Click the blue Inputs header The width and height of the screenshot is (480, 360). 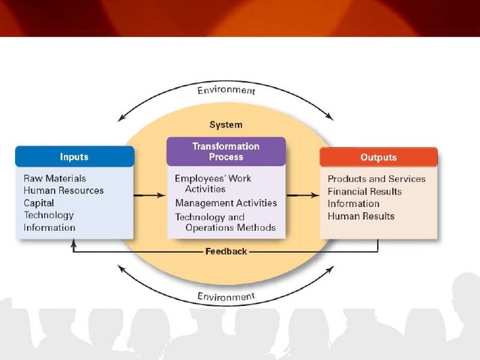[74, 157]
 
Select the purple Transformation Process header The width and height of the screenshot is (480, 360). [226, 151]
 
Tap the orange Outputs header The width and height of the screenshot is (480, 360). [378, 157]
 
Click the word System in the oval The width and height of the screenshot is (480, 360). [226, 124]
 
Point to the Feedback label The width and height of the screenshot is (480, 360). [226, 251]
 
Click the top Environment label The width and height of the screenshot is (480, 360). [226, 91]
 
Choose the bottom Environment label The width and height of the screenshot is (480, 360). [226, 297]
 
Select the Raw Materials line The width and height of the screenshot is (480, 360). [55, 178]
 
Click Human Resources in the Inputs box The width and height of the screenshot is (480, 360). [64, 190]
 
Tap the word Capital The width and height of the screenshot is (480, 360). [39, 202]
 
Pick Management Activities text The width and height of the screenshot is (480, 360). [226, 202]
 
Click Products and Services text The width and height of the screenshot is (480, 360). [376, 178]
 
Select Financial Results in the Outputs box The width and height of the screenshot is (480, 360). [364, 191]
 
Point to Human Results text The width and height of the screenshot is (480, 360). [361, 216]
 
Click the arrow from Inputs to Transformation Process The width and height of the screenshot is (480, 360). [151, 196]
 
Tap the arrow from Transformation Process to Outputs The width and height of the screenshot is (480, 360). [302, 196]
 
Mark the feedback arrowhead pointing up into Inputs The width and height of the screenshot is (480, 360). [73, 243]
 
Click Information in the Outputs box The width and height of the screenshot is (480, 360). [353, 203]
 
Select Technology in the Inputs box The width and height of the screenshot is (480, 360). [49, 215]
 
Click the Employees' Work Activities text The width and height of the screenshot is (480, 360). [213, 184]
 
